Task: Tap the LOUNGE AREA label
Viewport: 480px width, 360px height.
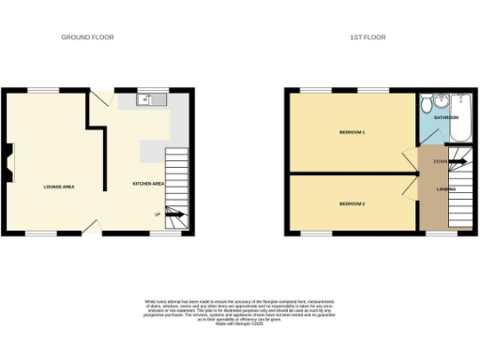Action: [x=59, y=187]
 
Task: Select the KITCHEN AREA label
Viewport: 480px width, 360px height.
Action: [x=148, y=184]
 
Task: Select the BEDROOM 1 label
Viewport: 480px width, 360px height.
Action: [x=352, y=132]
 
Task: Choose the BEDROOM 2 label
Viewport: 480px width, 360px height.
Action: [x=352, y=202]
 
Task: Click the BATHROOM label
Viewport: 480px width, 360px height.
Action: [x=446, y=118]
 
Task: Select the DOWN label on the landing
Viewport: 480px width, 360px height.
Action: [x=440, y=161]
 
